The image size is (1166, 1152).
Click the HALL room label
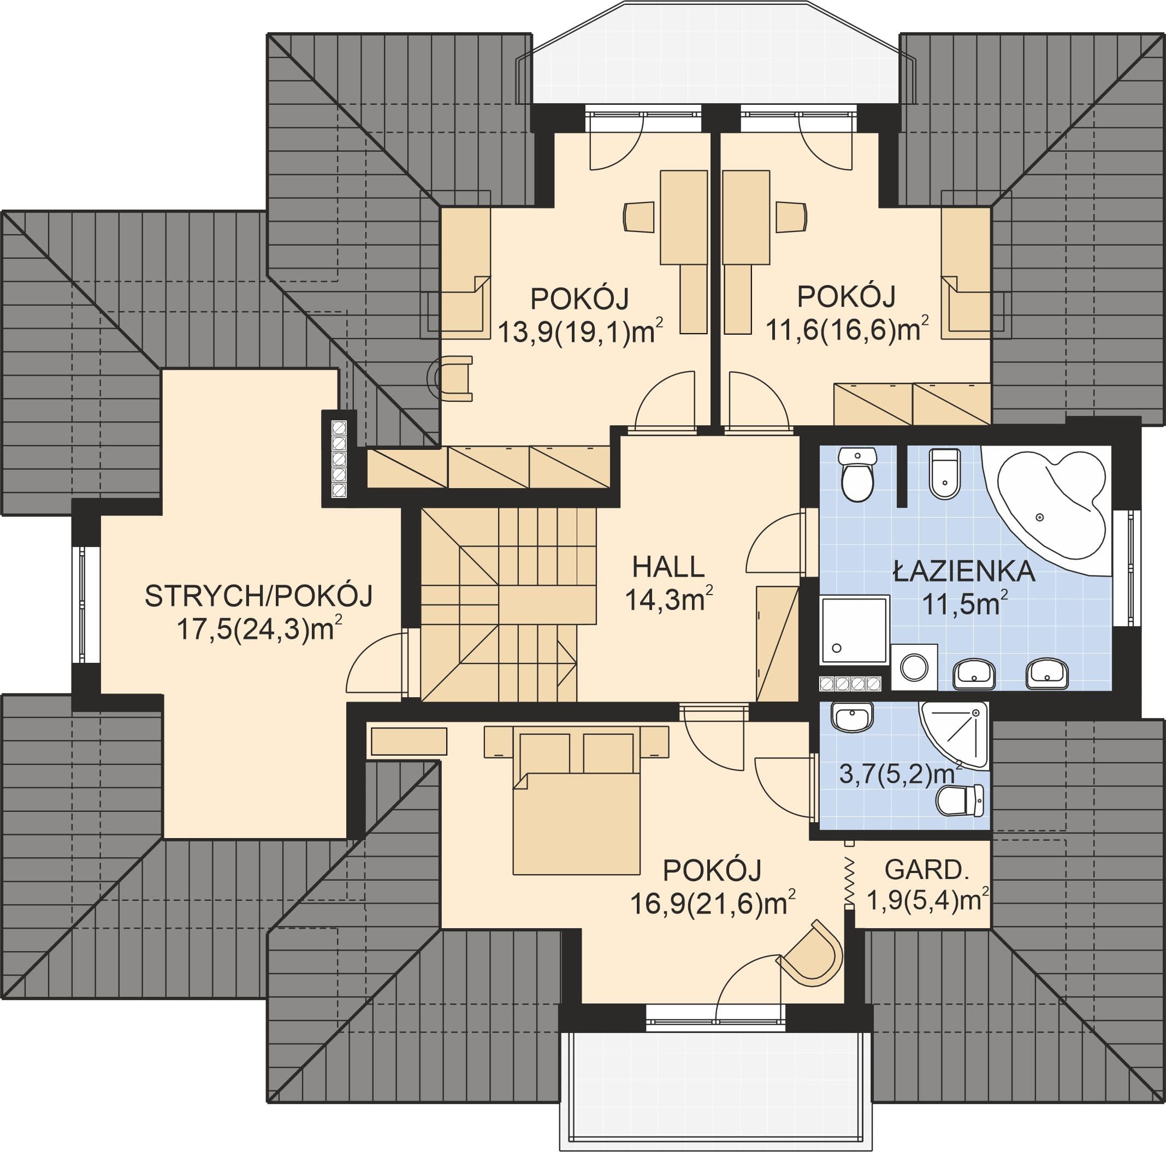tap(668, 567)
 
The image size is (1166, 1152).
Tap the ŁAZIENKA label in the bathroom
tap(964, 571)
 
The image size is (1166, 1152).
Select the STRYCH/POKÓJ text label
tap(259, 596)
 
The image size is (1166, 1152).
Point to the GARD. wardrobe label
tap(926, 870)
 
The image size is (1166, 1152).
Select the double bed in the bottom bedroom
tap(576, 800)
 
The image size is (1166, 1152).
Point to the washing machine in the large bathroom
tap(914, 667)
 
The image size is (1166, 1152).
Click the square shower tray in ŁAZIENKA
tap(855, 630)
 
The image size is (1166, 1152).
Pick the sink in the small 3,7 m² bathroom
tap(852, 717)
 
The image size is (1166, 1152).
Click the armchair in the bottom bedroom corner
tap(811, 954)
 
